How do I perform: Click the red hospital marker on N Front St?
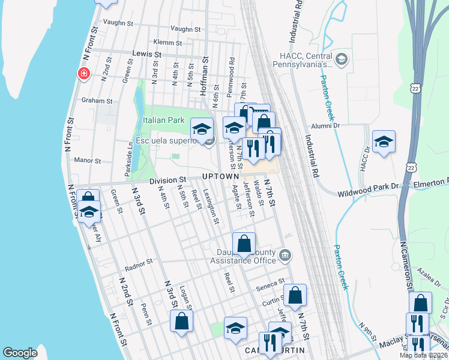coord(83,73)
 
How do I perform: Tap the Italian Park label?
coord(164,120)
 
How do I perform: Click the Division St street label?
coord(167,180)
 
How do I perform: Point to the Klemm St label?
coord(167,43)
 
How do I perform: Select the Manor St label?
coord(88,160)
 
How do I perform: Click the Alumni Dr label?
coord(325,125)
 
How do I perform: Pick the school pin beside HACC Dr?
coord(384,142)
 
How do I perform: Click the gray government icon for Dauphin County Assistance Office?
coord(285,256)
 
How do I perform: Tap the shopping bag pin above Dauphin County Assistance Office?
coord(244,244)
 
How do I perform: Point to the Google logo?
coord(20,353)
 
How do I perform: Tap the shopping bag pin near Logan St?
coord(181,320)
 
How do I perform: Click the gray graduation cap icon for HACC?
coord(342,59)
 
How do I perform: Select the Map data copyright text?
coord(423,355)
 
